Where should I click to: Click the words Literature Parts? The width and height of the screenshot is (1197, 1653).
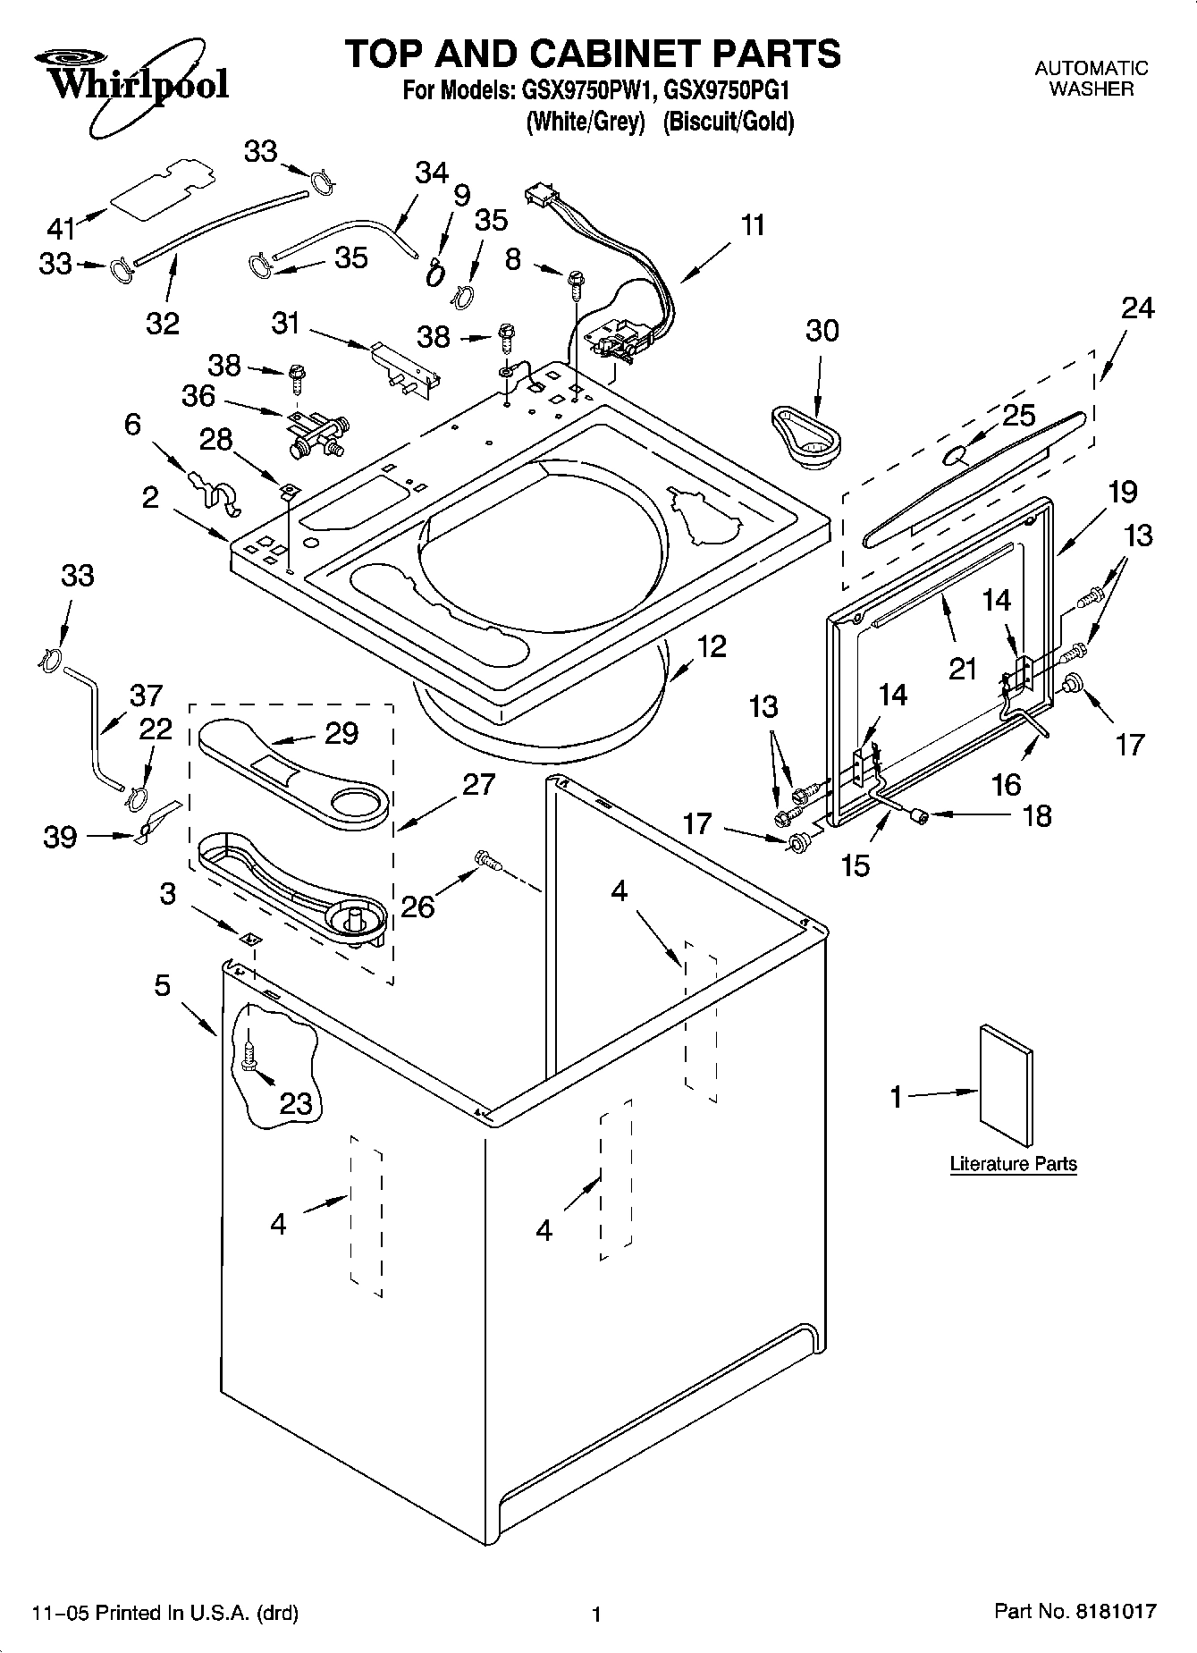pyautogui.click(x=1013, y=1164)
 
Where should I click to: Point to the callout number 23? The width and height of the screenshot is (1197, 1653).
pyautogui.click(x=296, y=1102)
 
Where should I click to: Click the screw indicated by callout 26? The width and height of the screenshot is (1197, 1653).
pyautogui.click(x=487, y=860)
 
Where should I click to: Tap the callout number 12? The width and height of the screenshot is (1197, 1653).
pyautogui.click(x=712, y=645)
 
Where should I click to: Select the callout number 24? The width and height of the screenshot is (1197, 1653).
pyautogui.click(x=1137, y=308)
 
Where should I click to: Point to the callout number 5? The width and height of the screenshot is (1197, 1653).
pyautogui.click(x=162, y=985)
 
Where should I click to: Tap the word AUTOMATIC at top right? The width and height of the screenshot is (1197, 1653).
pyautogui.click(x=1091, y=68)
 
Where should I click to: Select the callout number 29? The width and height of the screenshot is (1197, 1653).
pyautogui.click(x=341, y=733)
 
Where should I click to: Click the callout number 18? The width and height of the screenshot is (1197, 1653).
pyautogui.click(x=1036, y=815)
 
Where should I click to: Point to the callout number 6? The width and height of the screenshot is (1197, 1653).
pyautogui.click(x=132, y=424)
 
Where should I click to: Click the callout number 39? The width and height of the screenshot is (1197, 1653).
pyautogui.click(x=60, y=838)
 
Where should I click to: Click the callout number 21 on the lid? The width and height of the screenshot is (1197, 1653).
pyautogui.click(x=963, y=667)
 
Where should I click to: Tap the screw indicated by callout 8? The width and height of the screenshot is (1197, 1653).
pyautogui.click(x=573, y=285)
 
